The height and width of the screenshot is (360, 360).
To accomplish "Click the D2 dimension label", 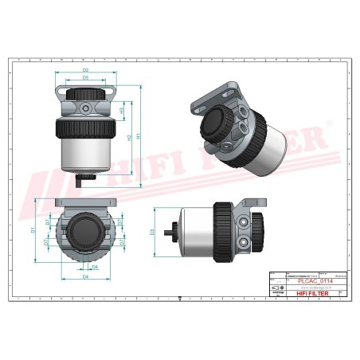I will [84, 71].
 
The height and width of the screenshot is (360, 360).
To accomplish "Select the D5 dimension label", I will [84, 79].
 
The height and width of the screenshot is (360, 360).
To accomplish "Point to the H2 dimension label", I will [129, 137].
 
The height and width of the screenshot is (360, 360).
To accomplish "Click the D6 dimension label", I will [95, 268].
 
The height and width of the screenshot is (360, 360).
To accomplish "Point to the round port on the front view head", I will [85, 105].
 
